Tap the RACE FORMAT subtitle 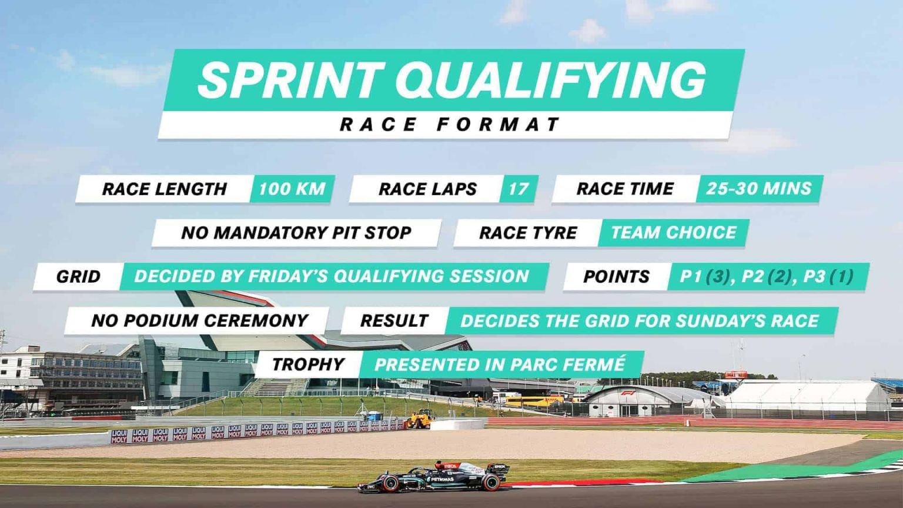[x=450, y=125]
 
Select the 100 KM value [x=292, y=189]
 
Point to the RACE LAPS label [x=427, y=189]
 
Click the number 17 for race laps [x=519, y=189]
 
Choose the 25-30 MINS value [x=759, y=188]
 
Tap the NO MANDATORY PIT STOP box [x=296, y=233]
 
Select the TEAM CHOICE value [x=673, y=233]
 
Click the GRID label [x=78, y=276]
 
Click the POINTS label [x=616, y=276]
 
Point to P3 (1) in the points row [x=828, y=276]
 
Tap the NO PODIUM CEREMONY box [x=199, y=320]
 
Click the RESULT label [x=394, y=320]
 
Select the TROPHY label [x=308, y=365]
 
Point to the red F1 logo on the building [x=628, y=393]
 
